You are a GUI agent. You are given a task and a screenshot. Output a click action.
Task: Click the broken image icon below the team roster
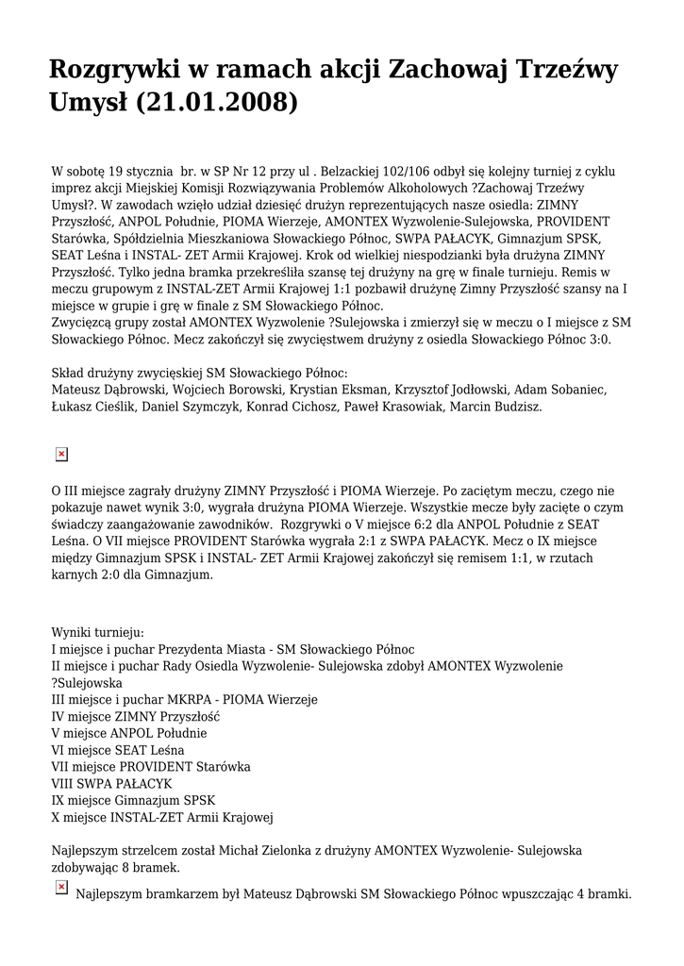coord(61,455)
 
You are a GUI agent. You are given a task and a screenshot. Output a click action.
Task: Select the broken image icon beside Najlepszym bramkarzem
coord(61,887)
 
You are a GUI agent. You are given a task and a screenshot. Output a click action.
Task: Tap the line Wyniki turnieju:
coord(97,632)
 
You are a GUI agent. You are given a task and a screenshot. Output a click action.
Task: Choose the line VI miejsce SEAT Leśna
coord(118,750)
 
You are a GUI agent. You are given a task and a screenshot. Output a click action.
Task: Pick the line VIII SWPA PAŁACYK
coord(111,784)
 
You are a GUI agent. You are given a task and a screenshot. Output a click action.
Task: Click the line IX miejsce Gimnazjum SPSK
coord(133,801)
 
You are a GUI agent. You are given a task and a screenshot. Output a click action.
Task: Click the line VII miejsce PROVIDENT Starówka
coord(151,767)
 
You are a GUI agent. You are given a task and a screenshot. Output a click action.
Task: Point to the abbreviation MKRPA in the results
coord(191,700)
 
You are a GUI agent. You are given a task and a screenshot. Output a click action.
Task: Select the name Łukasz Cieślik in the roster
coord(88,407)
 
